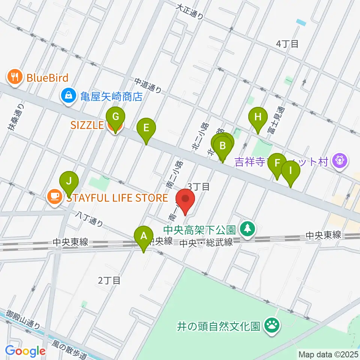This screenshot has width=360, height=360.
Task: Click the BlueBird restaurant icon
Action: (x=15, y=77)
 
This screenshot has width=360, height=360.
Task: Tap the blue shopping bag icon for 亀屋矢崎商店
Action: (x=69, y=96)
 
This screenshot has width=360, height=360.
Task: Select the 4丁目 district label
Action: (x=287, y=44)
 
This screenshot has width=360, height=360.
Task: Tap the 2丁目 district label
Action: (x=109, y=280)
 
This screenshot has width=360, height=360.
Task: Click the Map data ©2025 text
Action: (x=328, y=354)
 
